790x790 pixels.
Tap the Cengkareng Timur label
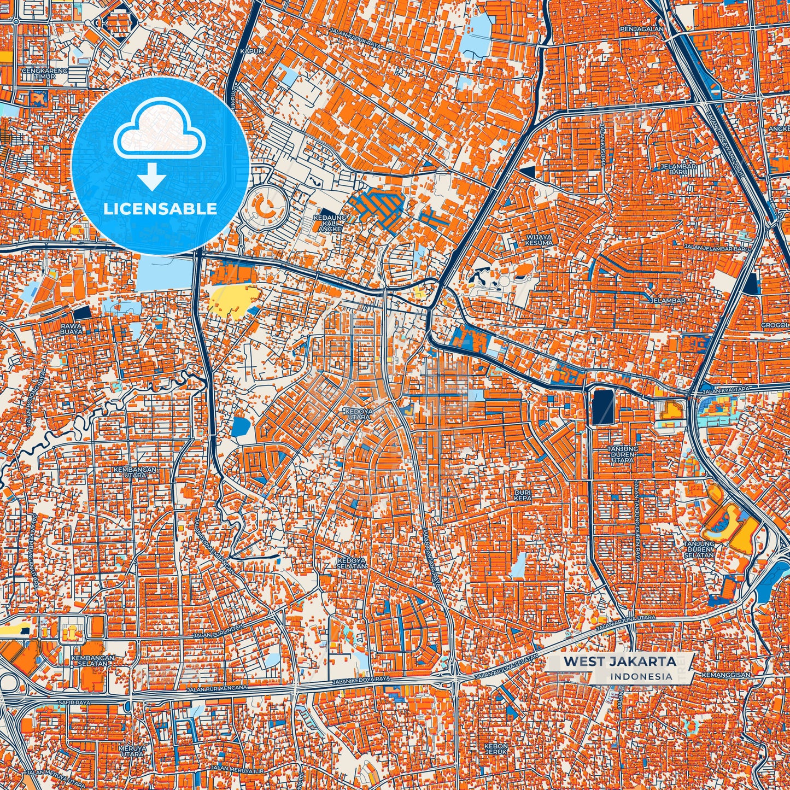pyautogui.click(x=45, y=74)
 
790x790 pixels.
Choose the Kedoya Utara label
pyautogui.click(x=357, y=413)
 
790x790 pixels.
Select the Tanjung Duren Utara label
pyautogui.click(x=622, y=454)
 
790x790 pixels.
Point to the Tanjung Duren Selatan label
pyautogui.click(x=699, y=549)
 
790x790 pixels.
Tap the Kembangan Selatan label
pyautogui.click(x=93, y=661)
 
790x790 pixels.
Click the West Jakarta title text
pyautogui.click(x=619, y=661)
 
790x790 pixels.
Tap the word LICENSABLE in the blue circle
pyautogui.click(x=160, y=209)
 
